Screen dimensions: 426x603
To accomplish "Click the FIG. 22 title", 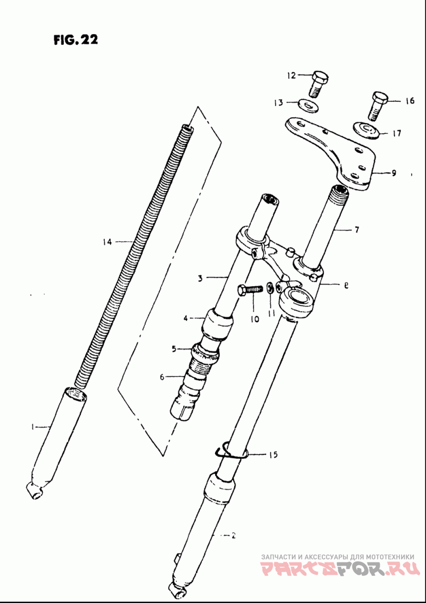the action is [75, 40].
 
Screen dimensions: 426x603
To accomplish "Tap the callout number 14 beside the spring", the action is [108, 242].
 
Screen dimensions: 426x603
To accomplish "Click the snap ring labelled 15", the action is [231, 452].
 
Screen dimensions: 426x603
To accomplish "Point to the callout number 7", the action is [356, 230].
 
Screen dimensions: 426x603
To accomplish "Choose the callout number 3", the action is [201, 278].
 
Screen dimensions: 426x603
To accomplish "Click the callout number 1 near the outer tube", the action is [32, 426].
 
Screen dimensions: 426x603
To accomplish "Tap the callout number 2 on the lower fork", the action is [233, 535].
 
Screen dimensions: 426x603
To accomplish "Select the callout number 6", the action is [162, 377].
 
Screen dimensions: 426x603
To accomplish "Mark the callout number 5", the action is [174, 349].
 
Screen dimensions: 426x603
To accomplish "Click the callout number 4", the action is [186, 319].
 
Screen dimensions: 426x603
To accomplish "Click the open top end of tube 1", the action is [76, 394].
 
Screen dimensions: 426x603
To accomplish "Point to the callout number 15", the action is [273, 455].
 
